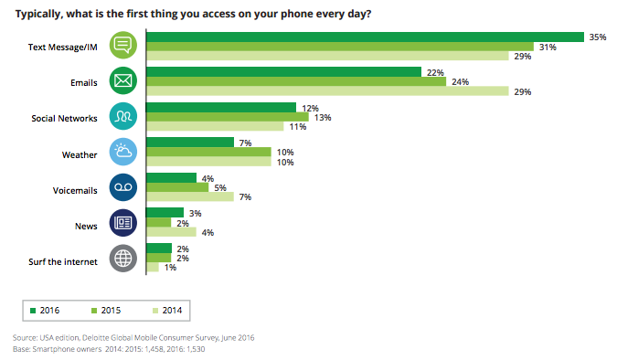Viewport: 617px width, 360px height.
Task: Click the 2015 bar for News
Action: pyautogui.click(x=158, y=222)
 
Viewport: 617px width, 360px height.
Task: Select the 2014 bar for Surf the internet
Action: pyautogui.click(x=153, y=267)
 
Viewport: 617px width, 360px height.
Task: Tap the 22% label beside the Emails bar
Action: pyautogui.click(x=436, y=71)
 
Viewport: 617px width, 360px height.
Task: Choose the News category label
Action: pyautogui.click(x=86, y=223)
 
